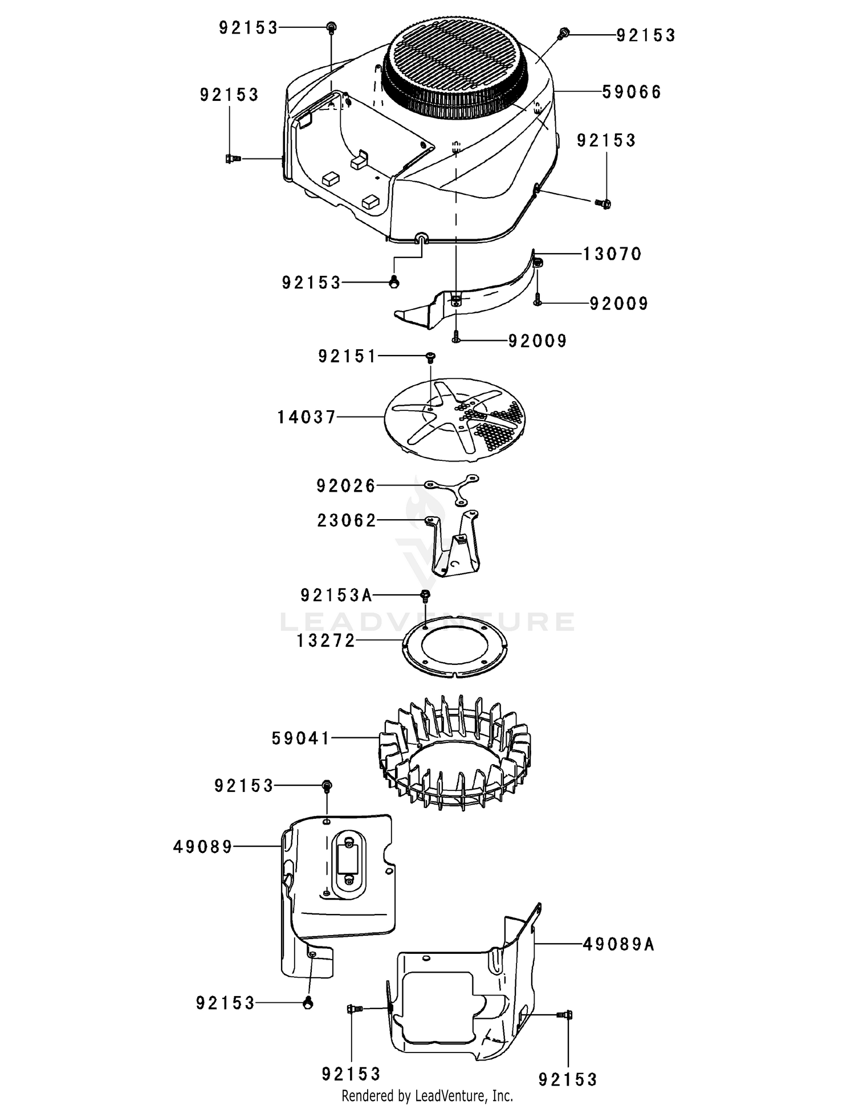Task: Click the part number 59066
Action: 632,92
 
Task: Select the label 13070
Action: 612,254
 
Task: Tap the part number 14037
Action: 307,418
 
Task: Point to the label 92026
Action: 346,486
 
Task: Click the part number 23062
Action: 347,521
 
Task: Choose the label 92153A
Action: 336,596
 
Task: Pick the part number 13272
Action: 325,641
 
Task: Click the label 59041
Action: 301,739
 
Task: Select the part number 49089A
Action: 618,945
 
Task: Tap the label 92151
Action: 347,357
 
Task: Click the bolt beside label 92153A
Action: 425,596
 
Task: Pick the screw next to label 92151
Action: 430,357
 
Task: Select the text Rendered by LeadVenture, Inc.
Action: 427,1095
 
